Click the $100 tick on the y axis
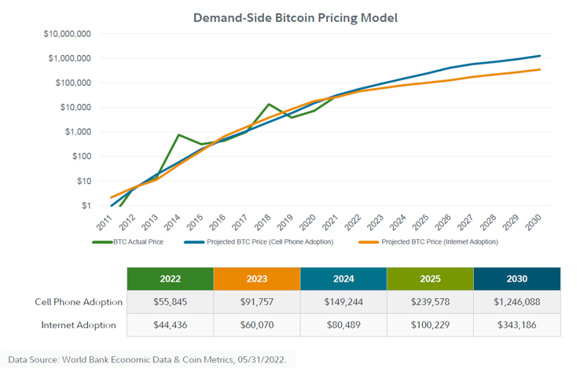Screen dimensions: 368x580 (80, 156)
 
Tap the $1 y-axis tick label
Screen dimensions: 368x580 (86, 206)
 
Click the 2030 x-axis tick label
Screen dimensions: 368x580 (536, 222)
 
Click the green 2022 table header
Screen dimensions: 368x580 (170, 279)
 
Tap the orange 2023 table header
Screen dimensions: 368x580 (257, 279)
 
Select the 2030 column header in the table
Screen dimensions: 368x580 (517, 279)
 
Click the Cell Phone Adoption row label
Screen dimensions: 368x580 (78, 302)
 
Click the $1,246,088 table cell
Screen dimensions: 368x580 (517, 302)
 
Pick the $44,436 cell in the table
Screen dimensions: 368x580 (170, 325)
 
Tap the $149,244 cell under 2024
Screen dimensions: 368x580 (343, 302)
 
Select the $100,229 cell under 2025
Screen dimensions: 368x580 (430, 325)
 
